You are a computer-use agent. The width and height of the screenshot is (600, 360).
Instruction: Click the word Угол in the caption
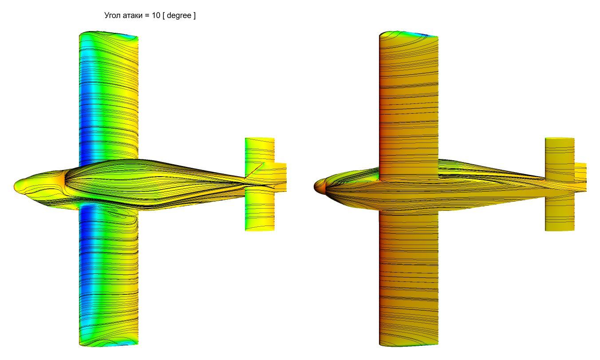coord(113,16)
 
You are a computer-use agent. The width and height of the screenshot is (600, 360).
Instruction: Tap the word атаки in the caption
coord(132,16)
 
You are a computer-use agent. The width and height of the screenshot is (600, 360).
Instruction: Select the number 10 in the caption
coord(156,15)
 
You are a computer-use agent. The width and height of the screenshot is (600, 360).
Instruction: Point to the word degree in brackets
coord(179,16)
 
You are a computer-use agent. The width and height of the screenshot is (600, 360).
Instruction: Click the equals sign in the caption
coord(147,16)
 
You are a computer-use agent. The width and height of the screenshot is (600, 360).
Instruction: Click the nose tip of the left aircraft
coord(15,186)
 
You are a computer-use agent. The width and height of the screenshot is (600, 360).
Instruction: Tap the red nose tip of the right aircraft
coord(315,186)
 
